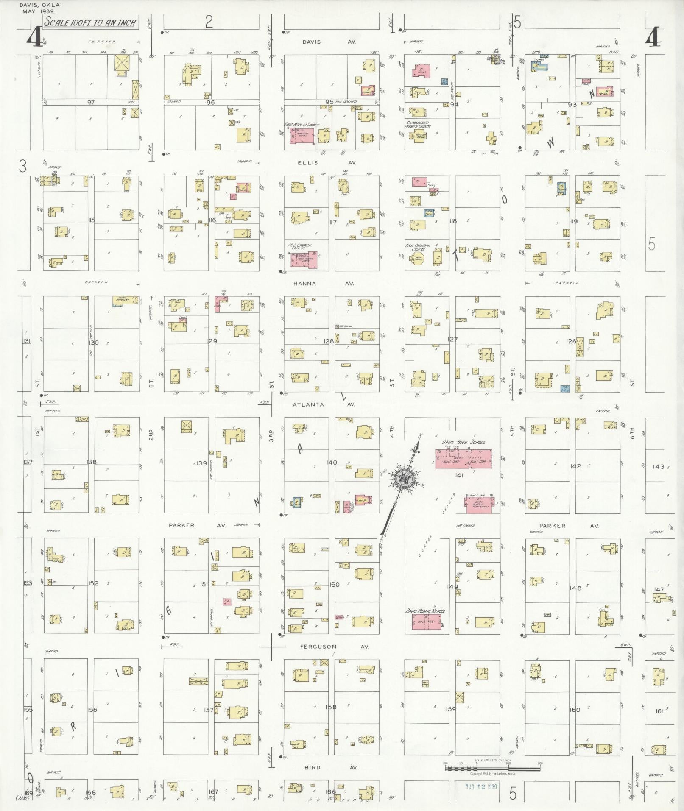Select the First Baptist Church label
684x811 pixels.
pyautogui.click(x=302, y=125)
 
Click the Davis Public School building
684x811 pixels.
pyautogui.click(x=427, y=621)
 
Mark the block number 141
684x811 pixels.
pyautogui.click(x=458, y=475)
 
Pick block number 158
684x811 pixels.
pyautogui.click(x=331, y=707)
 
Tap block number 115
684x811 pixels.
pyautogui.click(x=91, y=220)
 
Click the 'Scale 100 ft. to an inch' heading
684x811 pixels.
pyautogui.click(x=90, y=23)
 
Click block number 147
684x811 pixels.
pyautogui.click(x=659, y=589)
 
